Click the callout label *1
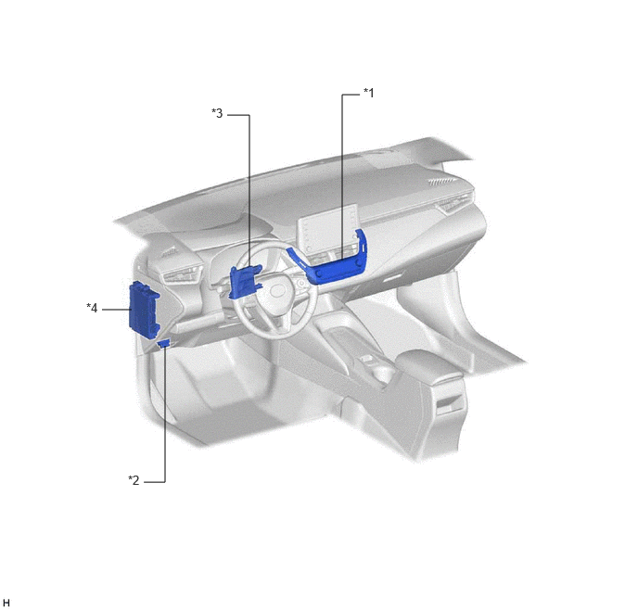point(368,93)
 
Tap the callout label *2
point(134,480)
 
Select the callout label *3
point(217,113)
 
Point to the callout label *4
point(92,308)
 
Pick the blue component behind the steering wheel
point(244,282)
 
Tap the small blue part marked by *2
point(165,344)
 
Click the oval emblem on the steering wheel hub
point(278,290)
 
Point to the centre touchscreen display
point(329,230)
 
